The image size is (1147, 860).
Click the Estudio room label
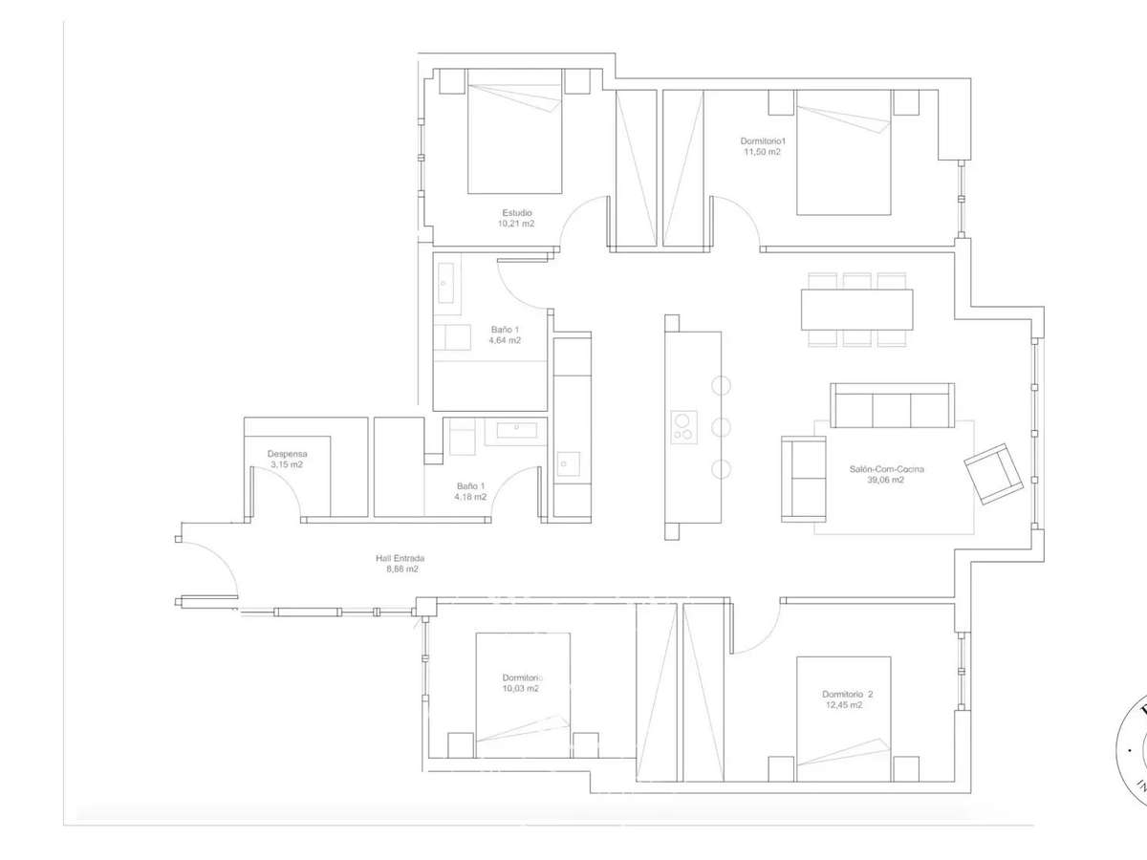coord(516,213)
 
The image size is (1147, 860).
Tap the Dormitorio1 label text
coord(762,140)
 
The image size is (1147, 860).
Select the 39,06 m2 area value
coord(876,481)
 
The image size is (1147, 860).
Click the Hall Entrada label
coord(399,558)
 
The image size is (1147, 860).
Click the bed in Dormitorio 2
coord(843,717)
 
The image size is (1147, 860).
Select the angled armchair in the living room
coord(993,474)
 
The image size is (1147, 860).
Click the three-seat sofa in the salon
coord(892,407)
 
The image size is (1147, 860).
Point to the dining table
coord(856,310)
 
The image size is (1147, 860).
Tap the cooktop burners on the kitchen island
coord(683,426)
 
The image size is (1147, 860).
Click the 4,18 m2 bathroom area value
coord(470,497)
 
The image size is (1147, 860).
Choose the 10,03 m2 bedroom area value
coord(522,688)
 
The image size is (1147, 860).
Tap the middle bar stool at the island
coord(722,427)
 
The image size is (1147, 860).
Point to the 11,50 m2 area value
coord(762,152)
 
